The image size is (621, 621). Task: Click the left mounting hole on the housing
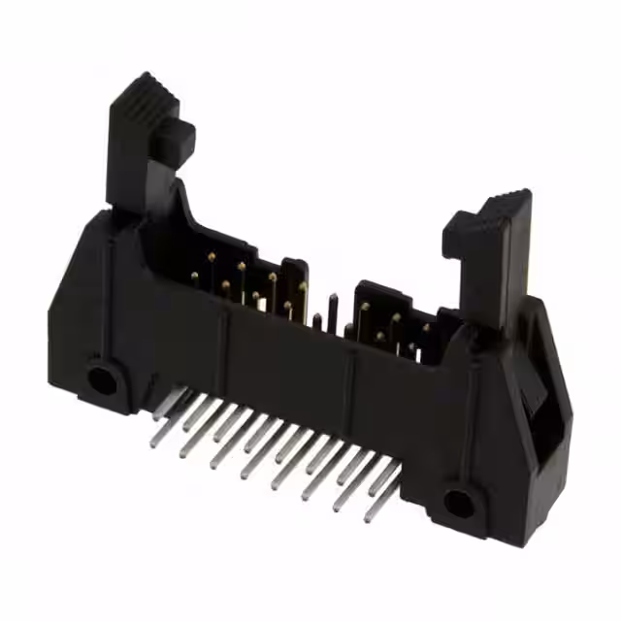pos(102,376)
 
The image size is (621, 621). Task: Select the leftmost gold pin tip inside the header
pos(194,278)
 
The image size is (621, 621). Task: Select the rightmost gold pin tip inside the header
pos(425,330)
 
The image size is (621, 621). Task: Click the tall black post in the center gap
pos(332,310)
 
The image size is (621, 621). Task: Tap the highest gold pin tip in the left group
pos(211,256)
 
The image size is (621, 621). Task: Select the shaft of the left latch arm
pos(136,165)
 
